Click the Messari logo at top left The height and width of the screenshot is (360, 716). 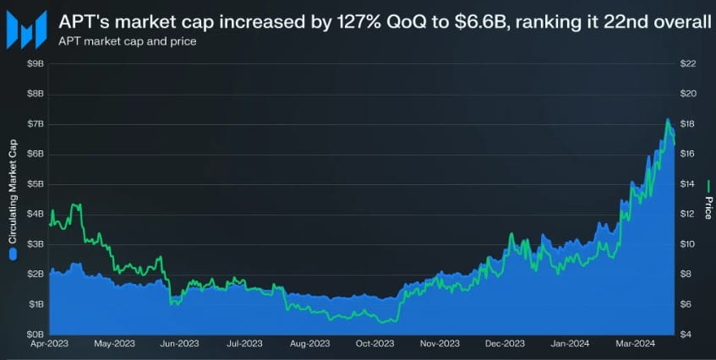28,30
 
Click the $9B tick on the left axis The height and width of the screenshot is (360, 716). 35,64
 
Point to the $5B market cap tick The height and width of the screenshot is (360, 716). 35,183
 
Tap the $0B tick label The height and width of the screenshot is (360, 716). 35,334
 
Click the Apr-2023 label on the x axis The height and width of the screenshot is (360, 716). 50,344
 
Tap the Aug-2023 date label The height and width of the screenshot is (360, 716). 309,344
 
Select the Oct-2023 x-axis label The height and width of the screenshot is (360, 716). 374,344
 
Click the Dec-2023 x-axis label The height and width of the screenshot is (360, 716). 506,344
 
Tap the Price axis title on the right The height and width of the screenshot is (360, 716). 708,200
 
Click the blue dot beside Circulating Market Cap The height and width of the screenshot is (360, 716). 13,252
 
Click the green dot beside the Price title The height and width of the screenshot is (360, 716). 708,180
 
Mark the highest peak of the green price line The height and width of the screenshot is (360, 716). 667,119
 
